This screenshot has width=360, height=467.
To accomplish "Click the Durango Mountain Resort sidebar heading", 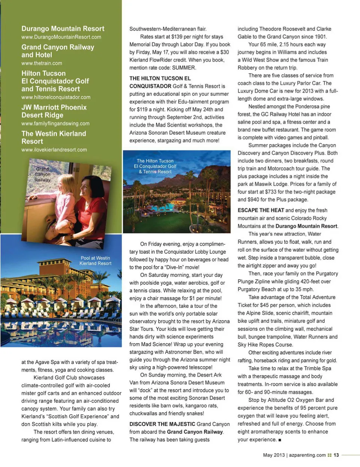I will [x=63, y=29].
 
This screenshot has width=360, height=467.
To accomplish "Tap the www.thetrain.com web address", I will [x=42, y=63].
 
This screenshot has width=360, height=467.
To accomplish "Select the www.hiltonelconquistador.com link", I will [x=55, y=97].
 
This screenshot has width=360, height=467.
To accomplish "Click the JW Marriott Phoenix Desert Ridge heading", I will [x=54, y=111].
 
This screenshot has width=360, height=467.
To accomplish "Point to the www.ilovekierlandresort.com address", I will [x=54, y=150].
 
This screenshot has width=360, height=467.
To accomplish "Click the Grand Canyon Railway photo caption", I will [x=42, y=174].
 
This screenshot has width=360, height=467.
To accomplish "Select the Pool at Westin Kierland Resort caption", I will [x=95, y=261].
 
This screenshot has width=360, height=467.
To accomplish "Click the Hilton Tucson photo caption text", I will [x=155, y=166].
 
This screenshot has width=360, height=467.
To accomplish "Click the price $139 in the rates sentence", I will [x=177, y=37].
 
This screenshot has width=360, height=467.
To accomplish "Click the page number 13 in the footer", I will [x=336, y=455].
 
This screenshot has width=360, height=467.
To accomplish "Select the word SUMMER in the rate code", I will [x=184, y=68].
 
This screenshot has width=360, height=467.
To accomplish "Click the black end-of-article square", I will [x=280, y=440].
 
